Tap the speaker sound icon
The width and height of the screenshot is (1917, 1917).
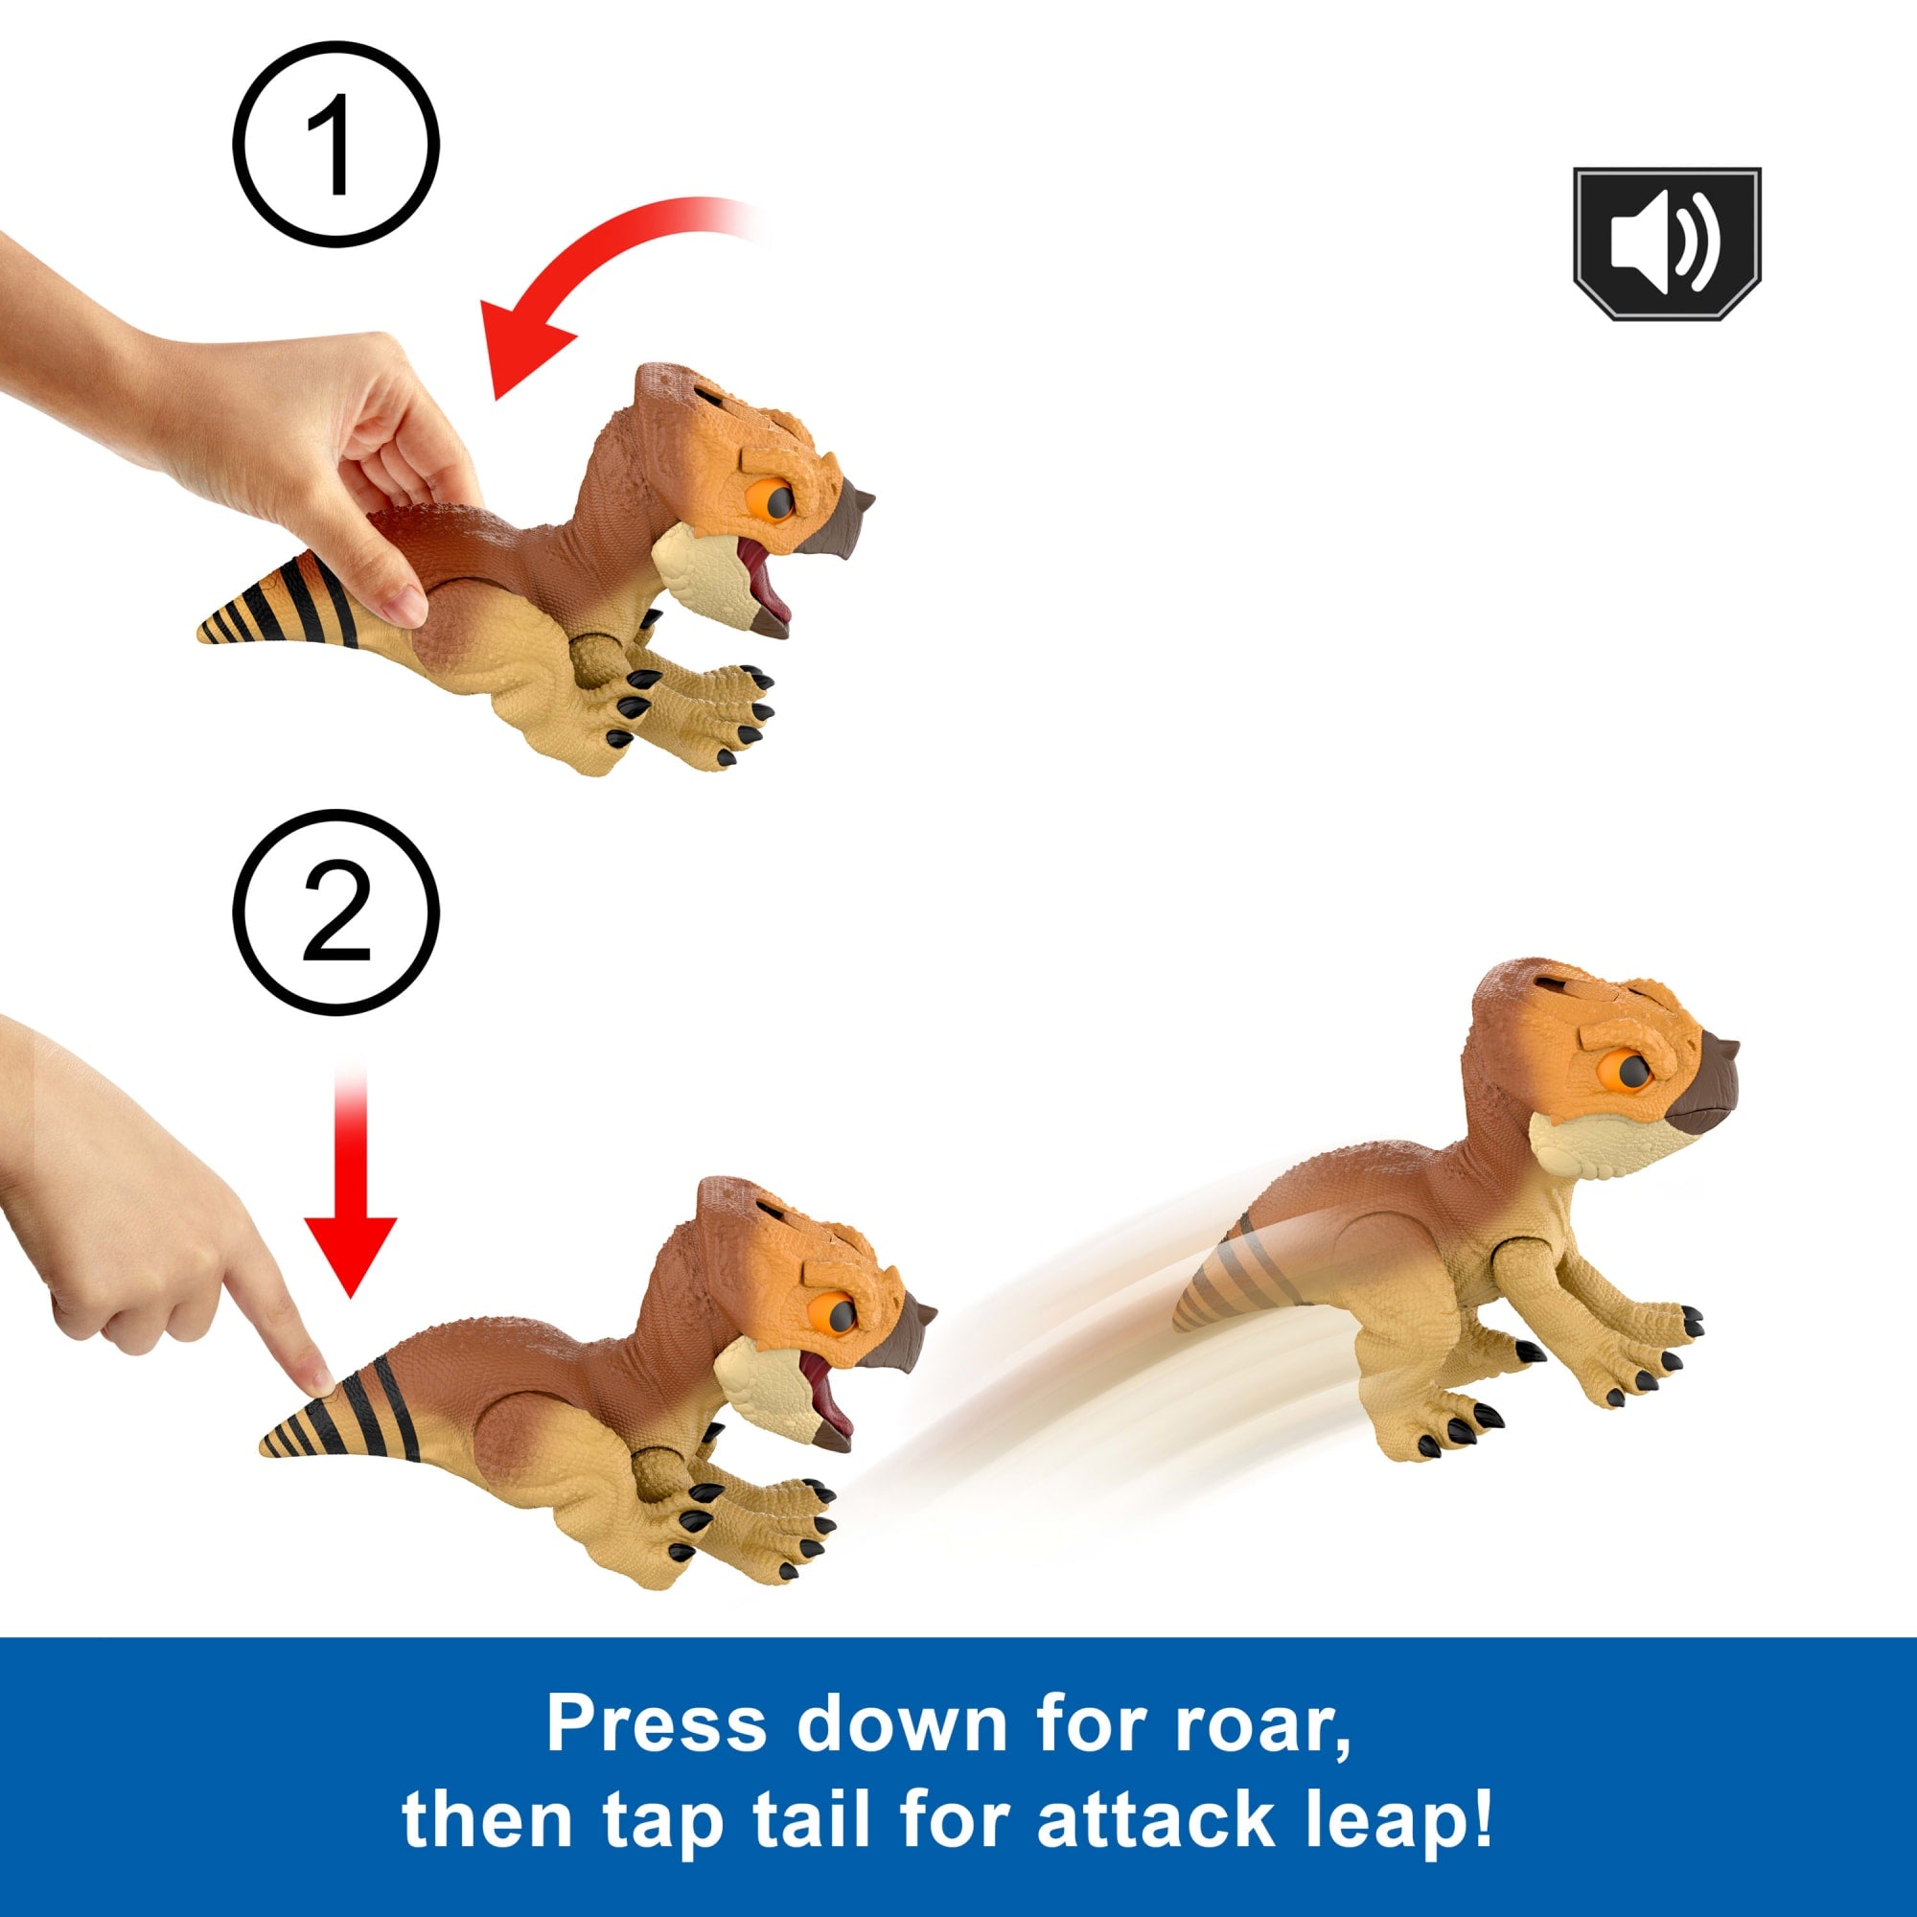(1667, 244)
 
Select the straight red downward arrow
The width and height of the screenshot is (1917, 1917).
(350, 1181)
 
